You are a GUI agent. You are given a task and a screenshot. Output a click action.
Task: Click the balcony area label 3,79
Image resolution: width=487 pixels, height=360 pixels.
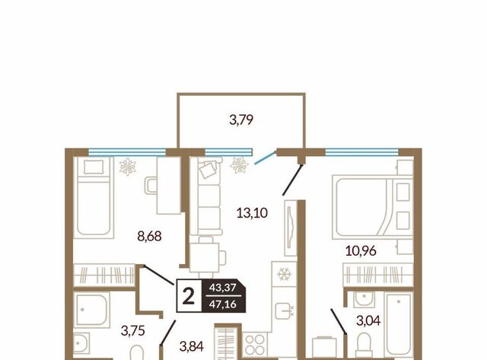(241, 120)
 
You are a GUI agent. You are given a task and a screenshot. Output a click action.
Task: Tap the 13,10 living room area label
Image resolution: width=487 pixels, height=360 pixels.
(252, 213)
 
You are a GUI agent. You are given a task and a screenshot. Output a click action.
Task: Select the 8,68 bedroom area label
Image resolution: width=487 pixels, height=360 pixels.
(149, 237)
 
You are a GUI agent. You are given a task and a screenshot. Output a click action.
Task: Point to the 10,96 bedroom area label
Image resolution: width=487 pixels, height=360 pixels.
(361, 250)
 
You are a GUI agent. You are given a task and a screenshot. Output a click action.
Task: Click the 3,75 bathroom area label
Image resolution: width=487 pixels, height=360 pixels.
(133, 331)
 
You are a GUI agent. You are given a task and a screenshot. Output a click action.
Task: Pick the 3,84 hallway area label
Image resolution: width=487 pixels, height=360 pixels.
(192, 346)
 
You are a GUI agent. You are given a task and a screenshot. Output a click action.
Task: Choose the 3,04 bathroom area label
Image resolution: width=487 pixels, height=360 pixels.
(368, 320)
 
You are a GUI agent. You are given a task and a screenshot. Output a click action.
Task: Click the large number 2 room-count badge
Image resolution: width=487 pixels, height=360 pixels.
(189, 296)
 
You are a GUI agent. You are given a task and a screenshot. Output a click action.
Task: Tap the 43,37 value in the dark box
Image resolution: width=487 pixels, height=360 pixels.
(223, 288)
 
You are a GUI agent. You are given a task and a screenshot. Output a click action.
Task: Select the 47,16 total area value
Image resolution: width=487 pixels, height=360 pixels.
(223, 304)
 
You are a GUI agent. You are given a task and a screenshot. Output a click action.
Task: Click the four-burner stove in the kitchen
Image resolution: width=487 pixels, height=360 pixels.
(254, 345)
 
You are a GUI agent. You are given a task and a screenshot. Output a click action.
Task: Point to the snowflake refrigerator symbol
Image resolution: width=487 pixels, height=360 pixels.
(284, 274)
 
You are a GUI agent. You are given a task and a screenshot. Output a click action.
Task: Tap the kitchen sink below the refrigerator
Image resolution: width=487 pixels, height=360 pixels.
(285, 311)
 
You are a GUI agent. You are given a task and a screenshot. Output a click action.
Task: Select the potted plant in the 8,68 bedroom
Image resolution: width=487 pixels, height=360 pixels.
(128, 167)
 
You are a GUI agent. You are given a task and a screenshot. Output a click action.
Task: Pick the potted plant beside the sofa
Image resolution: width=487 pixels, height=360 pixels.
(239, 165)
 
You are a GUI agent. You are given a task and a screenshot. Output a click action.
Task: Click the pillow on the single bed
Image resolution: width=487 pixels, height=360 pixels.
(94, 167)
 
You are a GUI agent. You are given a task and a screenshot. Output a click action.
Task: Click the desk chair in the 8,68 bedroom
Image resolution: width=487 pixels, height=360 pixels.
(151, 186)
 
